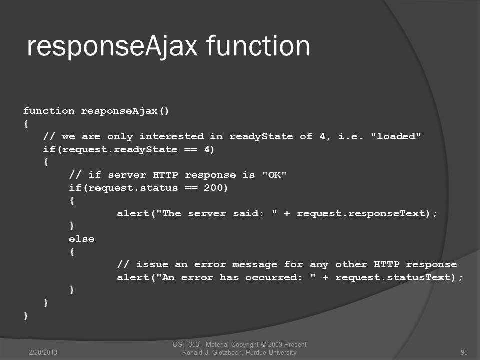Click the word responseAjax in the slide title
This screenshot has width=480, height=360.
(112, 47)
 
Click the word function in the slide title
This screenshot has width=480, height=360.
(258, 46)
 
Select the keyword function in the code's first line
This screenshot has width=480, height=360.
(49, 111)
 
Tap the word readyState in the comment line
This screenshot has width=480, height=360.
(261, 137)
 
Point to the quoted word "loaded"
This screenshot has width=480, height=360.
(396, 136)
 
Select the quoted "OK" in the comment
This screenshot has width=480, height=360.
(274, 175)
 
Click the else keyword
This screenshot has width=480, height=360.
(81, 239)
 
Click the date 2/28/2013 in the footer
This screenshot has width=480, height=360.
(43, 352)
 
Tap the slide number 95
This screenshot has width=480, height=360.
(464, 352)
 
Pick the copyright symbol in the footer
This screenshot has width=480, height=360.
(263, 344)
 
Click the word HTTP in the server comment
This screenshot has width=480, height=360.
(165, 175)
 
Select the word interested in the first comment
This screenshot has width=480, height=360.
(171, 136)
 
